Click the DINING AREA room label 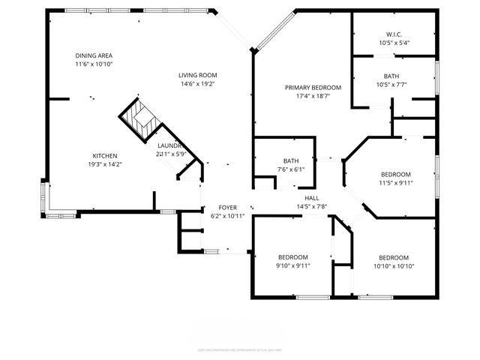[94, 56]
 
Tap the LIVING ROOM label [197, 75]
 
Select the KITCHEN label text [104, 155]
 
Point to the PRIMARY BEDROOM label [313, 88]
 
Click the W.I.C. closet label [394, 34]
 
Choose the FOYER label [228, 207]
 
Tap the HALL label [311, 197]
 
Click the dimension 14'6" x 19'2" [197, 84]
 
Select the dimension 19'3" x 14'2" [104, 164]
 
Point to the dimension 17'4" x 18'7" [313, 97]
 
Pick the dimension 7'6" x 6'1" [290, 169]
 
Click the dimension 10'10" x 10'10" [394, 266]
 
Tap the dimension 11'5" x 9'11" [395, 182]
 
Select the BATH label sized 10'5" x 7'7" [391, 76]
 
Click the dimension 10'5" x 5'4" [394, 43]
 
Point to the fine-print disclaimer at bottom [240, 349]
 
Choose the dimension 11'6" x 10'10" [94, 65]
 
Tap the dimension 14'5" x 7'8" [311, 206]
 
